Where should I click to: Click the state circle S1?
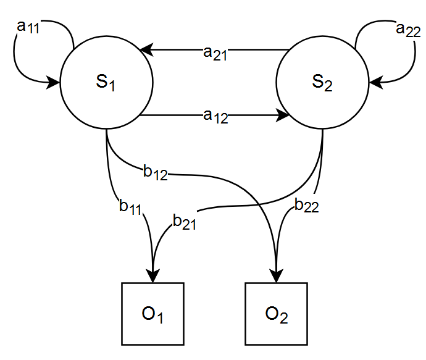106,83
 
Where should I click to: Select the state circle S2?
322,83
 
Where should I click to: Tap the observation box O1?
153,314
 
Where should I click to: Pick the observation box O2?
276,314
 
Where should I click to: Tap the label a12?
215,116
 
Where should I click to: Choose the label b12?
155,172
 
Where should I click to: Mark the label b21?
184,222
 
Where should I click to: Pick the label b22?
306,206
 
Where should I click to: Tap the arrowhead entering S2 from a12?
285,115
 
